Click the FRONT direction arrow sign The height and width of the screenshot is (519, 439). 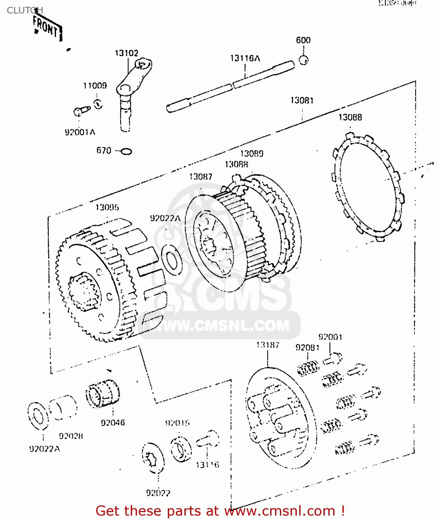coord(47,28)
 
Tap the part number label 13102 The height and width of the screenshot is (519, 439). coord(126,53)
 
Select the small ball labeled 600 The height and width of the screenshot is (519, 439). coord(303,60)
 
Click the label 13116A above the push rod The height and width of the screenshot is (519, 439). coord(245,58)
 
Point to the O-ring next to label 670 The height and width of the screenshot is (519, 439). coord(127,151)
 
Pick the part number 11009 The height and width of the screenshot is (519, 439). coord(95,85)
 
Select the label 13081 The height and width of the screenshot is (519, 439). coord(302,100)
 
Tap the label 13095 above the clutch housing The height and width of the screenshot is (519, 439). coord(107,207)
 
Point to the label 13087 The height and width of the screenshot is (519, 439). coord(200,176)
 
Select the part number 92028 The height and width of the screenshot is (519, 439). coord(71,436)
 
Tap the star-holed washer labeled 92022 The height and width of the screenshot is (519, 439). coord(153,459)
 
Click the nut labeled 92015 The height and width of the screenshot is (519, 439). coord(181,449)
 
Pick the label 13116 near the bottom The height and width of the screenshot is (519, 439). coord(207,465)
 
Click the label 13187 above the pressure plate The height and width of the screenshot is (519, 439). coord(267,345)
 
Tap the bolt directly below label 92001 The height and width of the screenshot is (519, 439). coord(333,358)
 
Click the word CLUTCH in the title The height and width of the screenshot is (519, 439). coord(25,10)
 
